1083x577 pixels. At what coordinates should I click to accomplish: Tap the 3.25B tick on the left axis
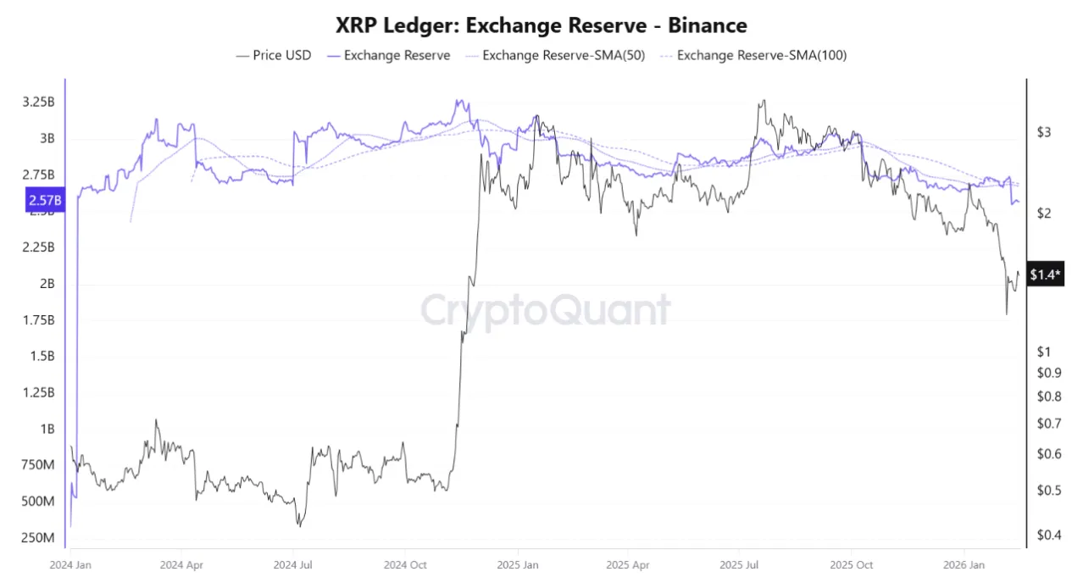(38, 102)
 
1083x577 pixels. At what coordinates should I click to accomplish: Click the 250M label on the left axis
(38, 539)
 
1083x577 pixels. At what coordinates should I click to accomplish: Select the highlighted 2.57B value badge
(44, 201)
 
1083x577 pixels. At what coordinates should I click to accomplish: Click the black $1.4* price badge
(1045, 275)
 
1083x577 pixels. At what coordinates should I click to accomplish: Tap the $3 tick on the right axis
(1044, 132)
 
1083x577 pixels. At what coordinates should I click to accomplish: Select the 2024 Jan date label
(71, 563)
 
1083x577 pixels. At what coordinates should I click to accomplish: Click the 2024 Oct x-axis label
(405, 563)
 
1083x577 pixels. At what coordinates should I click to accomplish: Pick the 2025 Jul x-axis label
(738, 563)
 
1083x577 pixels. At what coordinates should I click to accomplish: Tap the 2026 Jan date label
(964, 563)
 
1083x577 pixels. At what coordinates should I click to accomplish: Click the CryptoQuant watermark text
(545, 310)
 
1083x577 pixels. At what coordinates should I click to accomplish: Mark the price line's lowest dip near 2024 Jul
(299, 526)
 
